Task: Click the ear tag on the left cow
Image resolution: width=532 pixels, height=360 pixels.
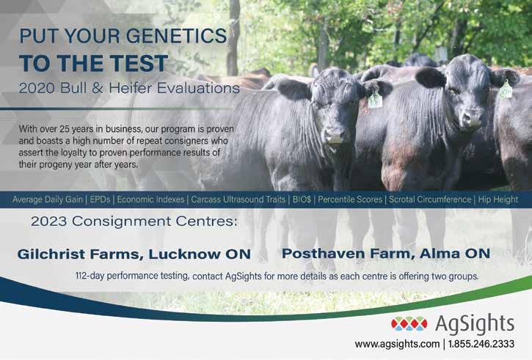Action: coord(375,100)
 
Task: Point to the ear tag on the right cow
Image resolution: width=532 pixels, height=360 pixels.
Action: coord(505,89)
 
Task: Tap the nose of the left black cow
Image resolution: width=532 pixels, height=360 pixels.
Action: coord(335,136)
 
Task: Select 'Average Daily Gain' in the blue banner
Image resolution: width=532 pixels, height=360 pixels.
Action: coord(48,199)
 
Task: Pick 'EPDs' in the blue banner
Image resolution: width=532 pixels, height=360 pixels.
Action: coord(100,199)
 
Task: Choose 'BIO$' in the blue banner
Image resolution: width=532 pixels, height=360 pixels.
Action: coord(302,199)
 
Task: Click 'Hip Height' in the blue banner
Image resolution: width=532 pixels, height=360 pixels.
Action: coord(498,199)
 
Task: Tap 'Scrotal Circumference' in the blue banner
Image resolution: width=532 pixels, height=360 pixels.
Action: coord(430,199)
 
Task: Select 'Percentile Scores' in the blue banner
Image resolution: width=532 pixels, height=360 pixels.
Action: coord(350,199)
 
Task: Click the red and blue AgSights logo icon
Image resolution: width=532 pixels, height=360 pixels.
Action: coord(409,324)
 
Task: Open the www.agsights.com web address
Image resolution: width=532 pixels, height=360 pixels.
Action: coord(397,344)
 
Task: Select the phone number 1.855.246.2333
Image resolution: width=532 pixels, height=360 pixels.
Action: coord(481,344)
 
